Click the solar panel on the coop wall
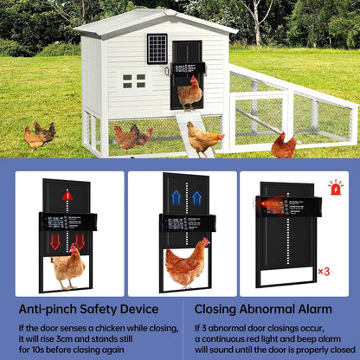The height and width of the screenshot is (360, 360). click(x=157, y=48)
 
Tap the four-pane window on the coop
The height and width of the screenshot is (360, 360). click(x=133, y=80)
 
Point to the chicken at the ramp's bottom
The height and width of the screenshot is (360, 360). click(x=203, y=138)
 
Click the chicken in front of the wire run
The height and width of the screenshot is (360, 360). click(x=283, y=145)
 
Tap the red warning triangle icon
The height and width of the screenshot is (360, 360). click(x=67, y=196)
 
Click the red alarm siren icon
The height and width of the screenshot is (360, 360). click(x=335, y=187)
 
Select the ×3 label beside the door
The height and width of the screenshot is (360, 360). click(x=323, y=271)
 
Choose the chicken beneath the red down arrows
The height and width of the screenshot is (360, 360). click(x=67, y=266)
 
